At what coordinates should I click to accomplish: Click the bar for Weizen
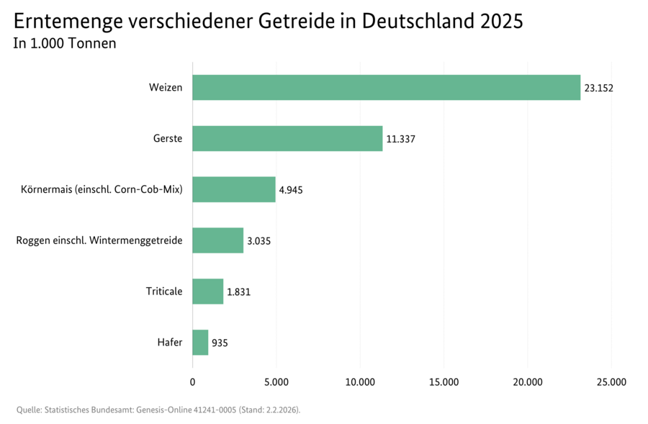(x=386, y=87)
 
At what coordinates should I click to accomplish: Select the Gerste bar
(x=287, y=138)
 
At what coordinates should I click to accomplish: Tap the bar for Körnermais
(x=234, y=189)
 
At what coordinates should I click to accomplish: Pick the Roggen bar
(x=218, y=240)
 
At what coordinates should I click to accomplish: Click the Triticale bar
(x=208, y=292)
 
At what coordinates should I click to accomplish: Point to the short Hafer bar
(x=200, y=343)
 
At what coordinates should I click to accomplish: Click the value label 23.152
(x=598, y=88)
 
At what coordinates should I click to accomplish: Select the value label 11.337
(x=400, y=139)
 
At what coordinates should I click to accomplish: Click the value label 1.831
(x=238, y=292)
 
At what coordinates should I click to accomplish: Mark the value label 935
(x=220, y=343)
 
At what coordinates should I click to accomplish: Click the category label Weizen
(x=166, y=88)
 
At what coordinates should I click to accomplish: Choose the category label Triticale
(x=164, y=292)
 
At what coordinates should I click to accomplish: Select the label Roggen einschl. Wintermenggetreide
(x=99, y=240)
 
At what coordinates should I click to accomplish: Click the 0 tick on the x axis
(x=192, y=382)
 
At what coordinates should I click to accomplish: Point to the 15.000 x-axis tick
(x=444, y=382)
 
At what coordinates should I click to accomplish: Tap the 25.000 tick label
(x=611, y=382)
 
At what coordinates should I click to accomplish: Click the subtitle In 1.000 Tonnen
(x=65, y=43)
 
